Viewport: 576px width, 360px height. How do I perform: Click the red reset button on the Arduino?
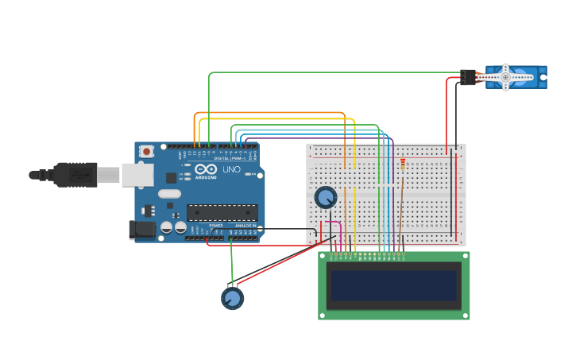(146, 151)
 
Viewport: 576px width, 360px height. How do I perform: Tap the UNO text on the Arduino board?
(231, 169)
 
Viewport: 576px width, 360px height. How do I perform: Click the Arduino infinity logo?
(205, 169)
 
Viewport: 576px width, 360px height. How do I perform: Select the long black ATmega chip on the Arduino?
(222, 212)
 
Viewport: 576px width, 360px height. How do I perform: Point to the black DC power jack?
(142, 230)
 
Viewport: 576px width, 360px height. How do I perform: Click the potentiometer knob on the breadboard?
(326, 197)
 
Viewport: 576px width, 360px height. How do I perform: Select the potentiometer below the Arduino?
(232, 298)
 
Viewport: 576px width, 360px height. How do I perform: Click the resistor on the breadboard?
(403, 165)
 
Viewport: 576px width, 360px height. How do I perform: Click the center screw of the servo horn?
(505, 77)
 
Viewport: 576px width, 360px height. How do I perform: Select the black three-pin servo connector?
(467, 77)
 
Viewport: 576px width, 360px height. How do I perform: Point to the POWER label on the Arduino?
(216, 226)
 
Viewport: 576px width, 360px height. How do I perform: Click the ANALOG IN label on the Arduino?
(245, 226)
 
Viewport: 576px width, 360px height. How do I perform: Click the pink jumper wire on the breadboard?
(341, 234)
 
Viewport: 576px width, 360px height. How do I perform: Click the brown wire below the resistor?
(400, 207)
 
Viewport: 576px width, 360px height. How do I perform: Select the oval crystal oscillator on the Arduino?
(169, 193)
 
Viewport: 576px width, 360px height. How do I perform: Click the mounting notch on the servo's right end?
(543, 77)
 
